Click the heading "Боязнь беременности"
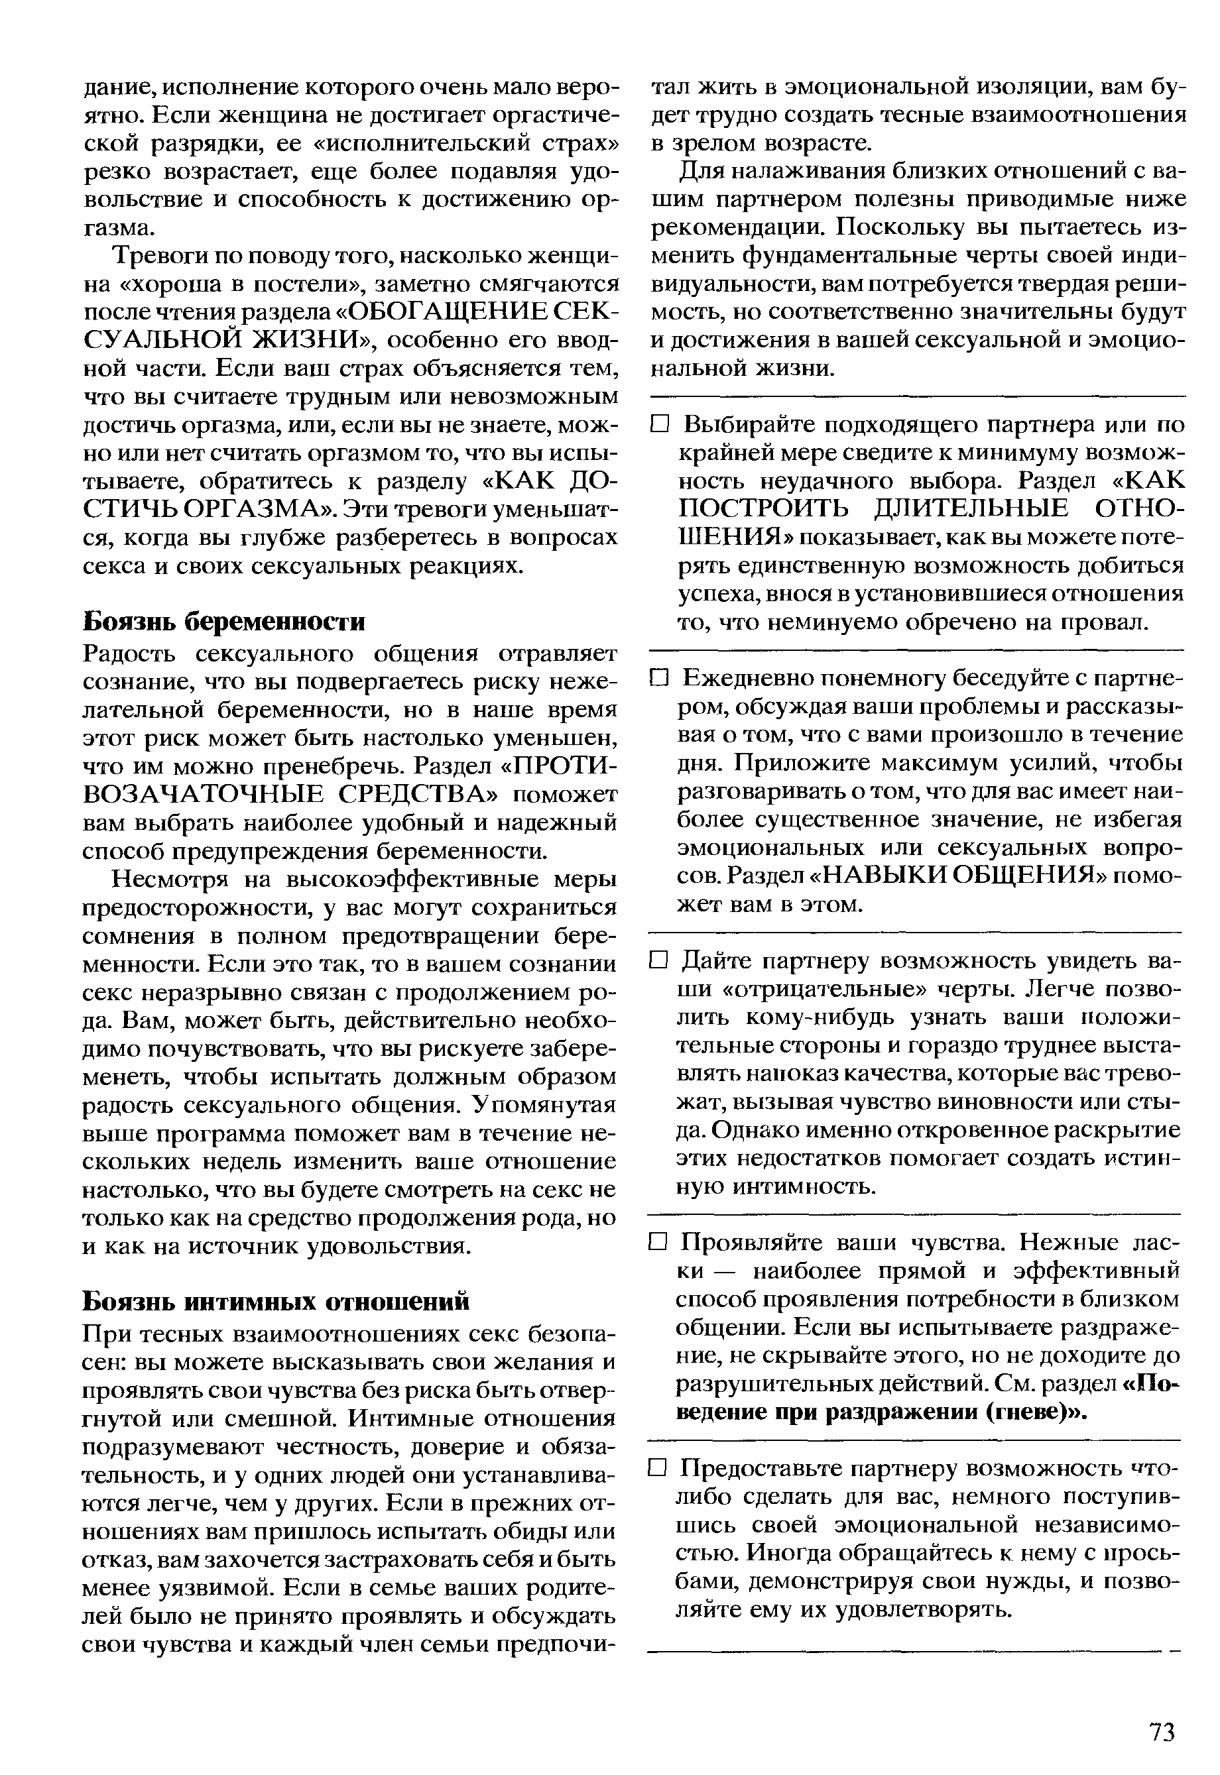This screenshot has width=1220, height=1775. (x=223, y=621)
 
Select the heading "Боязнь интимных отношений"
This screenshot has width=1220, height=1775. (x=275, y=1300)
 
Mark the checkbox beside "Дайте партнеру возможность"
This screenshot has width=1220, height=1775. (x=660, y=961)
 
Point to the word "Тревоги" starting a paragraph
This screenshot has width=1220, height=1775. (x=158, y=255)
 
